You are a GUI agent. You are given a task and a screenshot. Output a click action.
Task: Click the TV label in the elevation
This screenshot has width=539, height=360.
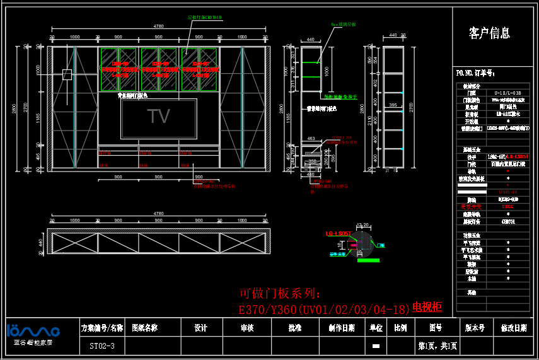click(x=159, y=117)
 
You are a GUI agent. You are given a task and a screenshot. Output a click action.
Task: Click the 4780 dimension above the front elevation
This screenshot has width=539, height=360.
click(x=159, y=26)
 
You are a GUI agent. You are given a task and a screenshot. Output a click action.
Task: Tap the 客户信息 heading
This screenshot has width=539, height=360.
click(x=490, y=33)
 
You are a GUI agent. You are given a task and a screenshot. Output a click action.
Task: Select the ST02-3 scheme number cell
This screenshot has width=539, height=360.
click(x=102, y=345)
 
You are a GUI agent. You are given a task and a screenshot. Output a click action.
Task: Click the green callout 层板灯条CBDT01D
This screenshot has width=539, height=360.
click(x=205, y=18)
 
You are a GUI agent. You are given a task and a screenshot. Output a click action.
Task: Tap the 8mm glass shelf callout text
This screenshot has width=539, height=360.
click(x=344, y=25)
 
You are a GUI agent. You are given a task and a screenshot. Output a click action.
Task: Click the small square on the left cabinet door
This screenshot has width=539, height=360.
click(x=67, y=74)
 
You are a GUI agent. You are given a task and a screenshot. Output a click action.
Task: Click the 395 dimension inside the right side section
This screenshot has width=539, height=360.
click(x=392, y=105)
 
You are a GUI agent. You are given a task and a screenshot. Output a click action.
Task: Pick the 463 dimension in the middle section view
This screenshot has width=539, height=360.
click(x=311, y=138)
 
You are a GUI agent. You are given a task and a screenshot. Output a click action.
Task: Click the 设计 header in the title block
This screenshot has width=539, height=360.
click(x=200, y=328)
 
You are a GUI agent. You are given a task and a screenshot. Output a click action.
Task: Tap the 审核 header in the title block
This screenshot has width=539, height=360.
click(x=247, y=328)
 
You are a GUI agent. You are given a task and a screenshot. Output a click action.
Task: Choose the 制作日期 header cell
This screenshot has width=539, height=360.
click(x=342, y=328)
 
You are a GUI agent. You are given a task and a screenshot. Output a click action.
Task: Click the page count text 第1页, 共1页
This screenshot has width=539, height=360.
click(x=438, y=345)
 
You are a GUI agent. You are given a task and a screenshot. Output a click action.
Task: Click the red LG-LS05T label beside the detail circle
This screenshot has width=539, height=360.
click(x=338, y=233)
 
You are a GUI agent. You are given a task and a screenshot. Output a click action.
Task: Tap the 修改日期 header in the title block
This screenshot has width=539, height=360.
click(x=514, y=328)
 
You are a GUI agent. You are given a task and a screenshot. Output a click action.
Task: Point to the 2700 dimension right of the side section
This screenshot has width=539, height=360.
click(x=411, y=108)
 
